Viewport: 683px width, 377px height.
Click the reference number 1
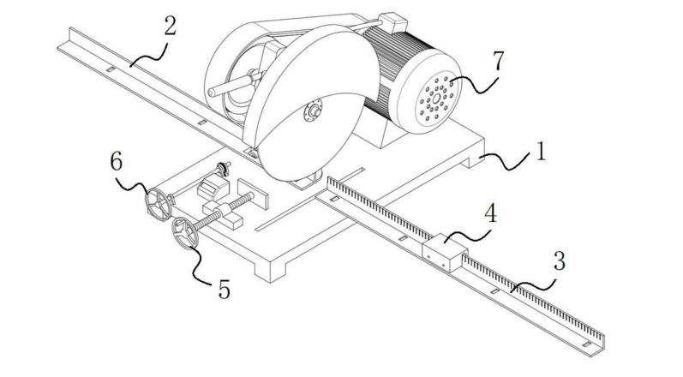pyautogui.click(x=540, y=154)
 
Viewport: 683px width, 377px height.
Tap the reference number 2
pyautogui.click(x=170, y=25)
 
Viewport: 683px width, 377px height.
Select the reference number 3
pyautogui.click(x=558, y=261)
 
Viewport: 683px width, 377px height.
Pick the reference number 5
pyautogui.click(x=224, y=290)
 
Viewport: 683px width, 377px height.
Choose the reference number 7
pyautogui.click(x=498, y=63)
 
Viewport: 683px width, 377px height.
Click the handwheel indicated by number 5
pyautogui.click(x=183, y=232)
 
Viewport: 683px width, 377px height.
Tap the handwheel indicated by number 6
pyautogui.click(x=156, y=206)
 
